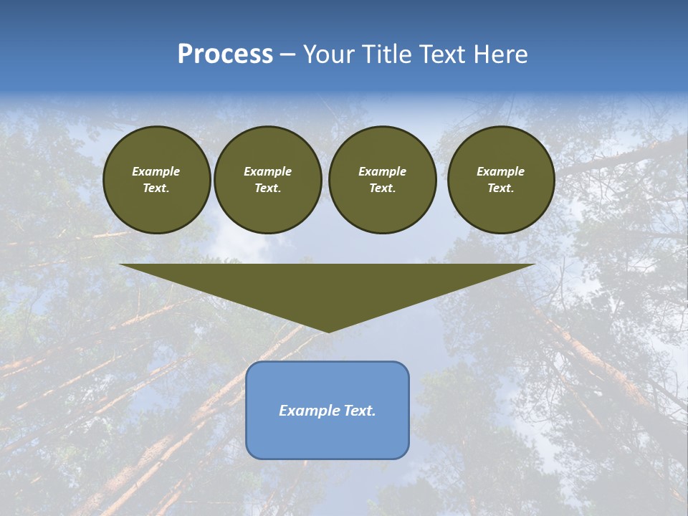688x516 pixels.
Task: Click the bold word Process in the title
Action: (x=225, y=54)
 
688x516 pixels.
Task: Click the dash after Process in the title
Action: (x=287, y=55)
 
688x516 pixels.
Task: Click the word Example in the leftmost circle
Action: (x=156, y=171)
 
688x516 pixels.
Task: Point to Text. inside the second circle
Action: (x=267, y=188)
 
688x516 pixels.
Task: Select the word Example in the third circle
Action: (x=382, y=171)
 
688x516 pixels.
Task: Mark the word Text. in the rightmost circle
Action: (x=500, y=188)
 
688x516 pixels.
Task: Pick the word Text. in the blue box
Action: (x=359, y=411)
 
